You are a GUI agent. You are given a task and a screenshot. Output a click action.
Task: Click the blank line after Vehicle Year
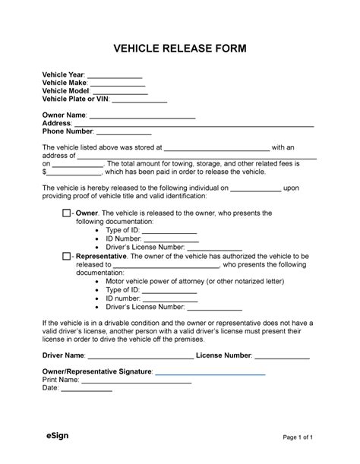[x=115, y=77]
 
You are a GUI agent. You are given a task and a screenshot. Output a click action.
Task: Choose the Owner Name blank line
[x=143, y=116]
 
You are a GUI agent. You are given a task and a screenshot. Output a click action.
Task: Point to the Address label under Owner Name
[x=57, y=123]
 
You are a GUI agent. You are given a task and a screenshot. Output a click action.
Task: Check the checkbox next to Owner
[x=66, y=214]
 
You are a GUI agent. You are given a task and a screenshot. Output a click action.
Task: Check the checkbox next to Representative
[x=66, y=257]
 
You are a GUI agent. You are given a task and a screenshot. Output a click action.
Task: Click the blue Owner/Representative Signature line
[x=210, y=374]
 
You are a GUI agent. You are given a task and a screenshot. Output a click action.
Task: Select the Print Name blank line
[x=135, y=381]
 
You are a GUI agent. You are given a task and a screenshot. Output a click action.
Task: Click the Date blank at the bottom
[x=86, y=390]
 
